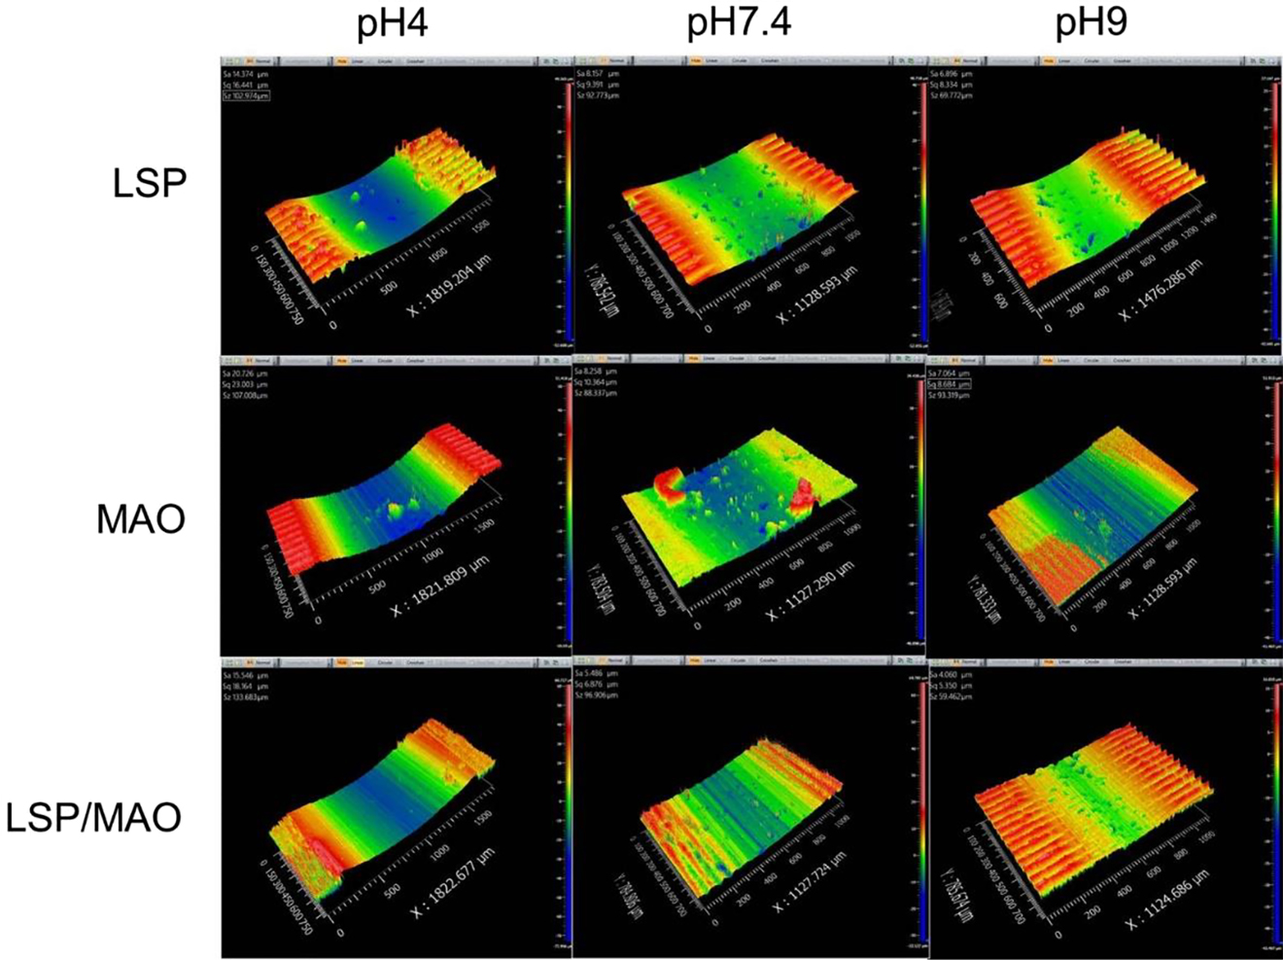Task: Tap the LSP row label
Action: (x=149, y=183)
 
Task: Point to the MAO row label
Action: (x=140, y=519)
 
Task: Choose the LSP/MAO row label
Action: (x=93, y=817)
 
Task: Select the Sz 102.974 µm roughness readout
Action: (x=246, y=96)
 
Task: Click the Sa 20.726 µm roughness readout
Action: (x=245, y=373)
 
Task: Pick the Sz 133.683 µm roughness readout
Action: (x=245, y=697)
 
